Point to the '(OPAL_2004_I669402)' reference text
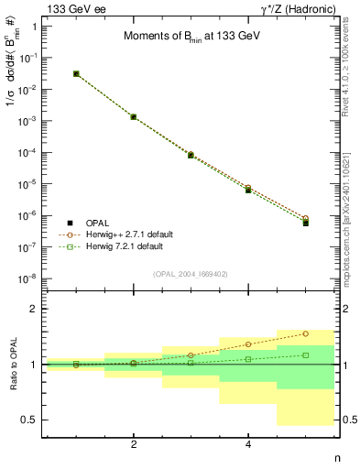tap(190, 274)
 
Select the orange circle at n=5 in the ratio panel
tap(305, 333)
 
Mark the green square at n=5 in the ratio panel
tap(305, 354)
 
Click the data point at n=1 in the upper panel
tap(76, 73)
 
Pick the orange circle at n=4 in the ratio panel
tap(248, 344)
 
